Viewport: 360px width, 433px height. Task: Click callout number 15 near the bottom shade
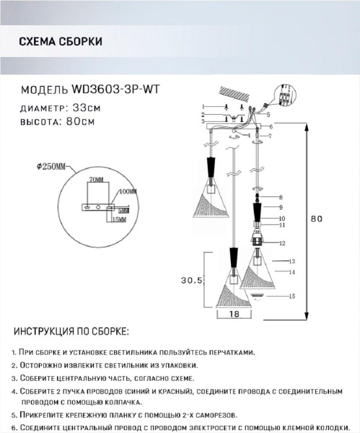pos(293,296)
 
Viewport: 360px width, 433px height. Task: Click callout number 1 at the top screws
pos(204,108)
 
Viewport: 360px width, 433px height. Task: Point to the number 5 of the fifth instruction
pos(14,416)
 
